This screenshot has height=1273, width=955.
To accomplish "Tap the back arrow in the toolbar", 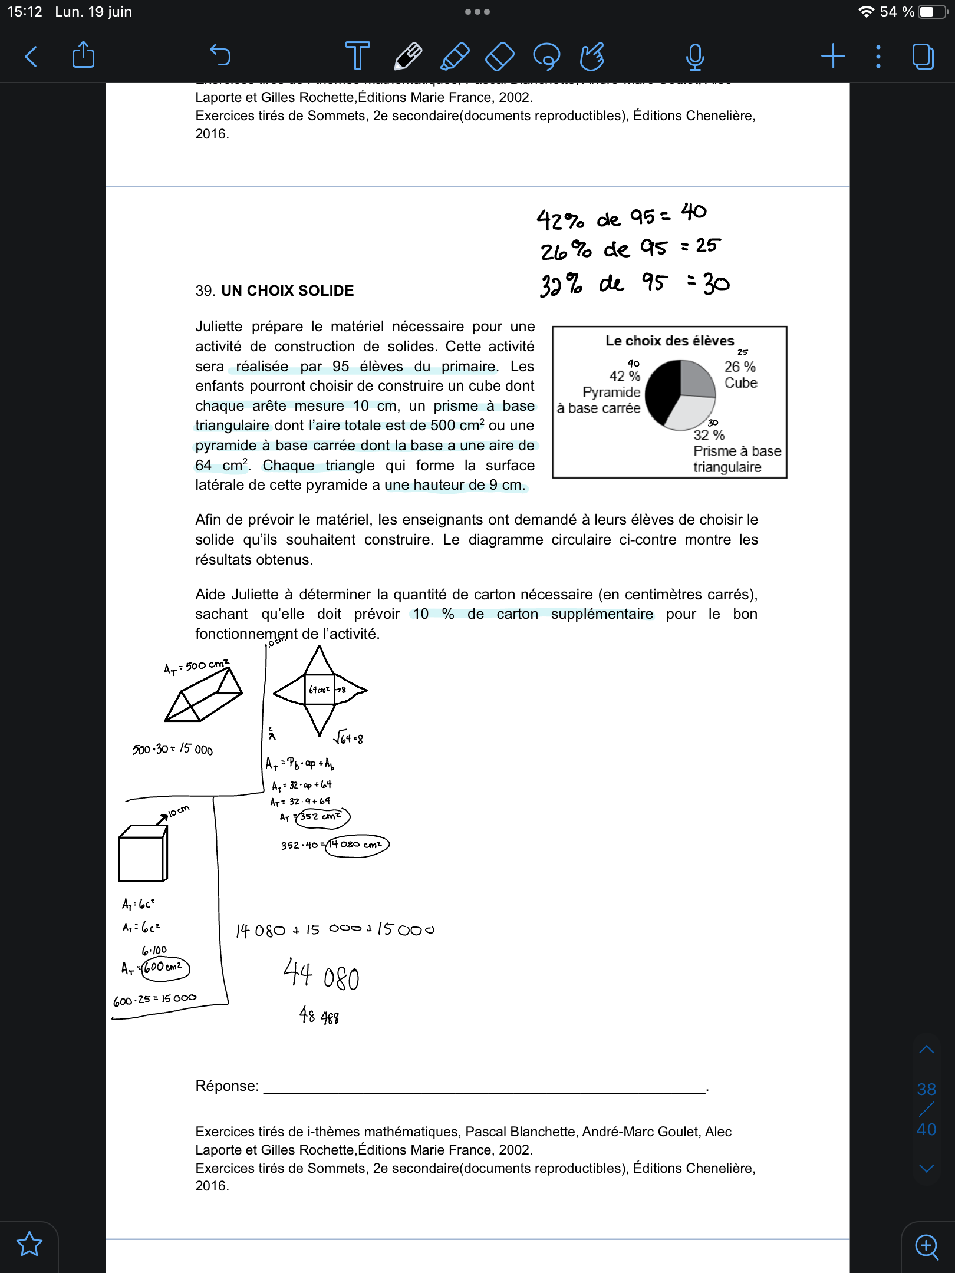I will point(31,57).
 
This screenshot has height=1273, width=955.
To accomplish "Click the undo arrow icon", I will point(220,55).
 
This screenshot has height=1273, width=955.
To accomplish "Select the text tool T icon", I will point(357,56).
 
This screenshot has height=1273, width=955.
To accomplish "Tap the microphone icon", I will point(695,57).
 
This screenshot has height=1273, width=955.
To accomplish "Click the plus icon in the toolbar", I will point(833,56).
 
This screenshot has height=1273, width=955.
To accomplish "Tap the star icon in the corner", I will point(29,1244).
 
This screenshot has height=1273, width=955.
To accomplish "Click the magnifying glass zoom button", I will point(927,1246).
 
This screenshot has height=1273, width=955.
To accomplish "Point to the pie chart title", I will point(670,341).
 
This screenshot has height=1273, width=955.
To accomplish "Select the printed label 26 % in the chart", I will point(740,367).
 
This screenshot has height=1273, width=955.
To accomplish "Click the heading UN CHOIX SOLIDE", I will point(287,291).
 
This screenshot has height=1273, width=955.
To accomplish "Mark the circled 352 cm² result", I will point(322,817).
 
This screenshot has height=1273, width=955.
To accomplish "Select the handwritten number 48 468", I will point(319,1015).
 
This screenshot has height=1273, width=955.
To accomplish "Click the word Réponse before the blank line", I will point(227,1086).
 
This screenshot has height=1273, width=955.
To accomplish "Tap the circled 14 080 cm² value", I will point(357,845).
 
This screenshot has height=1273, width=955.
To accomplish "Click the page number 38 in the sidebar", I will point(926,1089).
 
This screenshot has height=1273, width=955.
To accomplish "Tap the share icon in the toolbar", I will point(83,55).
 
